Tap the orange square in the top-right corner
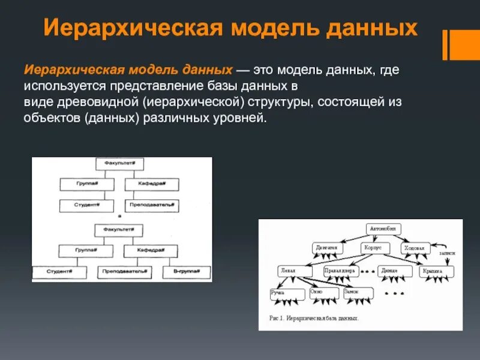[464, 44]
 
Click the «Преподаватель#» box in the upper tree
[152, 205]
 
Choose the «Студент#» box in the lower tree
[58, 271]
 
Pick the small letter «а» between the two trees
[119, 215]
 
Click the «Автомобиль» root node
[383, 228]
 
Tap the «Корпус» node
[371, 247]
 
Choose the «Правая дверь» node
[340, 271]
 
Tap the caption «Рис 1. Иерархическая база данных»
[314, 318]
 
